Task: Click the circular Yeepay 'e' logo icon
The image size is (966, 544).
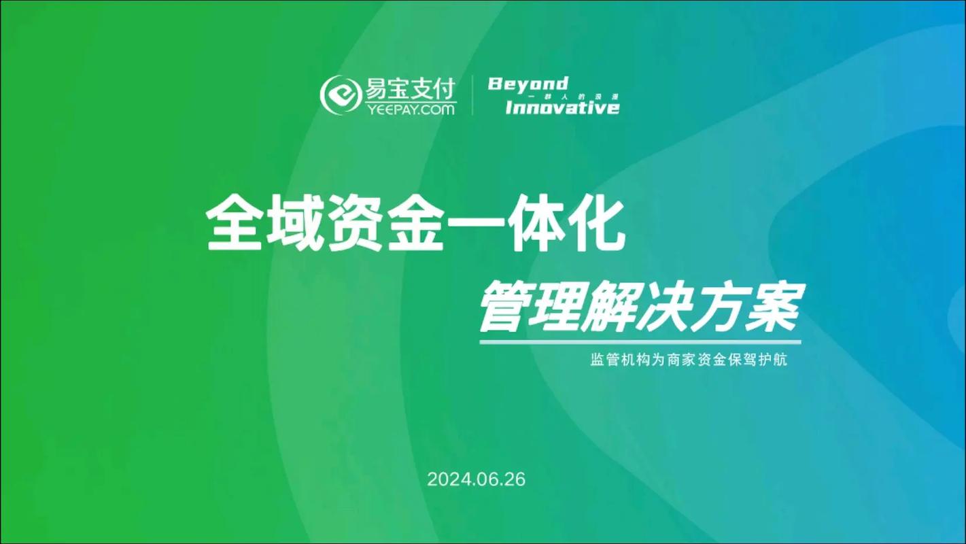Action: (x=341, y=95)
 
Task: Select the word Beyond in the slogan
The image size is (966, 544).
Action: (x=528, y=84)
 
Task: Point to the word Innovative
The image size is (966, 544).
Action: (x=562, y=107)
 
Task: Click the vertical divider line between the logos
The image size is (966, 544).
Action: (x=472, y=95)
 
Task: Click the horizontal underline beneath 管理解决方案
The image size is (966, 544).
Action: (x=640, y=342)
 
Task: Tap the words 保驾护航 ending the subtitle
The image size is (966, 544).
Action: (x=763, y=360)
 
